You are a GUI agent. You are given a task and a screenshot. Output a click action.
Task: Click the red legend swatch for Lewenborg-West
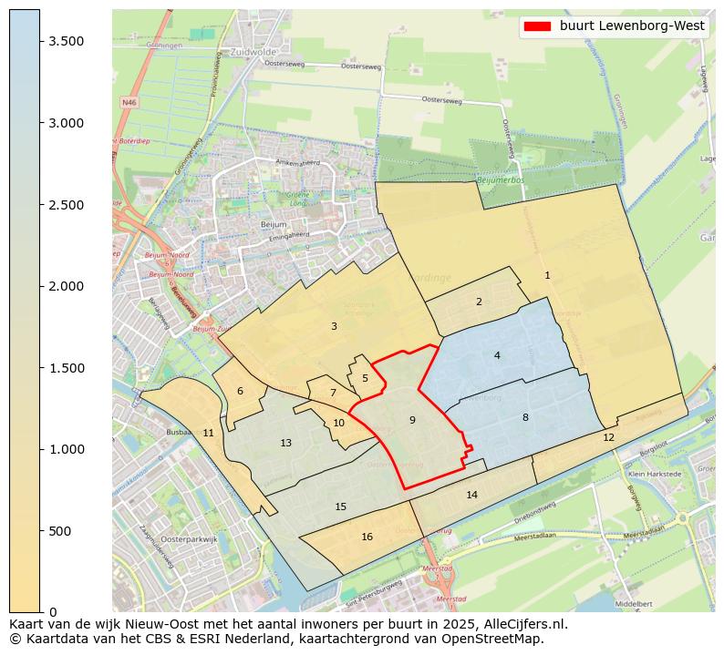point(537,26)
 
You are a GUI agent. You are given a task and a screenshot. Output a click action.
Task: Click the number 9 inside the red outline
point(412,420)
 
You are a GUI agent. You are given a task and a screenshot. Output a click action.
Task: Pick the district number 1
point(547,275)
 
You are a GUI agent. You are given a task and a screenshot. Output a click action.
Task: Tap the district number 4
point(497,355)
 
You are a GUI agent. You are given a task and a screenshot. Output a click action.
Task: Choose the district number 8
point(525,417)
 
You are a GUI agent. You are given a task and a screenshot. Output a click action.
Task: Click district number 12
point(608,438)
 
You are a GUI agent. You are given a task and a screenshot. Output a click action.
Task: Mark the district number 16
point(367,537)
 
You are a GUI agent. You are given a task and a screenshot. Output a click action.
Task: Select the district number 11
point(208,433)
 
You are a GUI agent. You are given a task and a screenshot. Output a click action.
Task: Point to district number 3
point(334,326)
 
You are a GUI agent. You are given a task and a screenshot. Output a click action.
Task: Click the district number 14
point(471,496)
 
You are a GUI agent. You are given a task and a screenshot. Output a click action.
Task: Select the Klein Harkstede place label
point(655,475)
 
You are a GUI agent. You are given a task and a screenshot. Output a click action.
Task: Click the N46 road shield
point(129,103)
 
